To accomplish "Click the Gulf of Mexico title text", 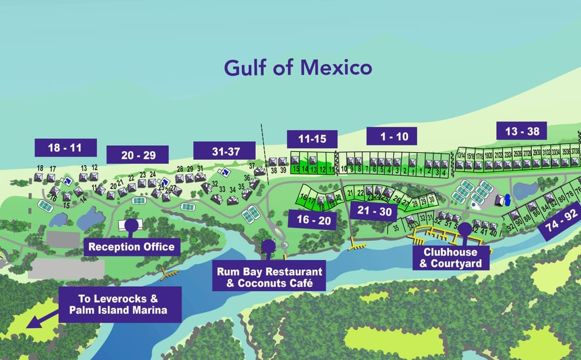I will tap(298, 67).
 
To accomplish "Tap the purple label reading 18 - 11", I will tap(66, 147).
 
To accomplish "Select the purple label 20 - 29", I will tap(138, 155).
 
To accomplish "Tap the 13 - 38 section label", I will tap(522, 131).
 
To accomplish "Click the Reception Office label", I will tap(131, 246).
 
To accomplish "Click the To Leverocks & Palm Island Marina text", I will tap(121, 305).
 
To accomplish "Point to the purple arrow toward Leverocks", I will tap(41, 317).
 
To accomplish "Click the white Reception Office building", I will tap(130, 226).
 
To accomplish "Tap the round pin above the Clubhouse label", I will tap(465, 229).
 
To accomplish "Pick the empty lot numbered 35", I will tap(396, 229).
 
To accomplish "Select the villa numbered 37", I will tap(259, 171).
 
